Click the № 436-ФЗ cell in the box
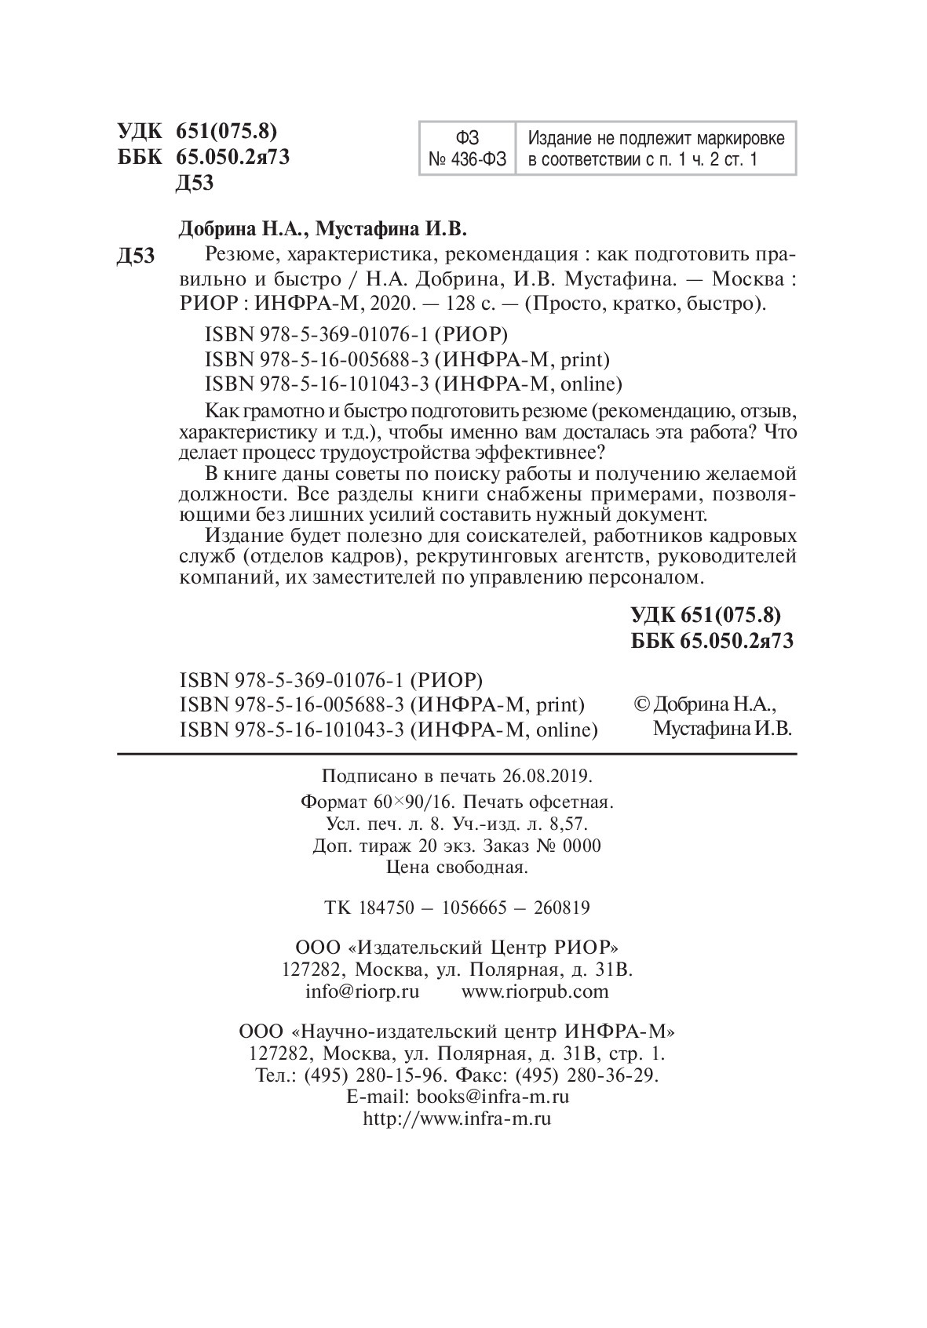[x=469, y=161]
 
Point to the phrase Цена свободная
[x=458, y=868]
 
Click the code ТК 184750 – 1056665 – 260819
[x=457, y=908]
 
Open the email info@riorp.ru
[x=362, y=991]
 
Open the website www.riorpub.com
[x=535, y=991]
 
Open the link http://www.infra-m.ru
[x=457, y=1119]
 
